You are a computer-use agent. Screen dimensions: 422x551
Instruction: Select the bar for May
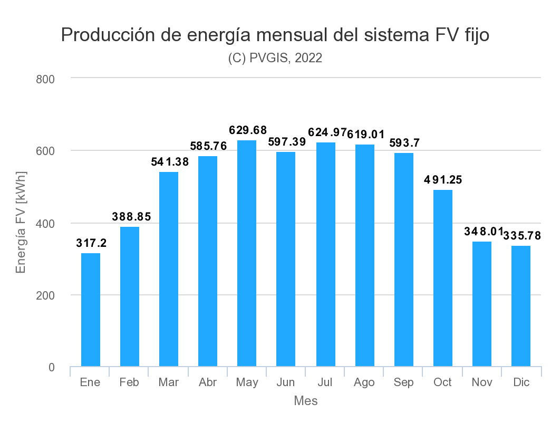click(247, 253)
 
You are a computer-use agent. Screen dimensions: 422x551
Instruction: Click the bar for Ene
click(90, 310)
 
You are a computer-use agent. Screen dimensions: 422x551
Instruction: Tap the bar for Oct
click(442, 278)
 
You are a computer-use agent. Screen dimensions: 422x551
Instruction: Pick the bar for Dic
click(521, 306)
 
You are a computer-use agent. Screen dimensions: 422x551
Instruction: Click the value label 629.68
click(248, 130)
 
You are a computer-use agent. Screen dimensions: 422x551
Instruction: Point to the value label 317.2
click(91, 243)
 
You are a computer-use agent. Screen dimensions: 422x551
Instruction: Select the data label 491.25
click(443, 180)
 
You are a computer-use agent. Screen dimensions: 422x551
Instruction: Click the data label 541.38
click(169, 162)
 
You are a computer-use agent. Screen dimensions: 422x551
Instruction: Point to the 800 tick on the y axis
click(45, 79)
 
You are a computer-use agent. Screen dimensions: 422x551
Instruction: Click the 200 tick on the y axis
click(45, 295)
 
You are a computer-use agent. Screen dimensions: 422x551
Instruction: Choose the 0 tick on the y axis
click(51, 367)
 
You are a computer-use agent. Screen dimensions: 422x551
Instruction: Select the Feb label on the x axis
click(129, 382)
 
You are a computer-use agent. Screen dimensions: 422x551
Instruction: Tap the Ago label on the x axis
click(364, 382)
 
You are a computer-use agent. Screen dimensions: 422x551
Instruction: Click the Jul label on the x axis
click(325, 382)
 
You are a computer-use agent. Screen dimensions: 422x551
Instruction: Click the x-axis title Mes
click(305, 401)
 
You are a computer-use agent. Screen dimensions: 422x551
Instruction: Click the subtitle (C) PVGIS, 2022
click(275, 58)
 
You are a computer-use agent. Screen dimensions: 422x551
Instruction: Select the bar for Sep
click(403, 260)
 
